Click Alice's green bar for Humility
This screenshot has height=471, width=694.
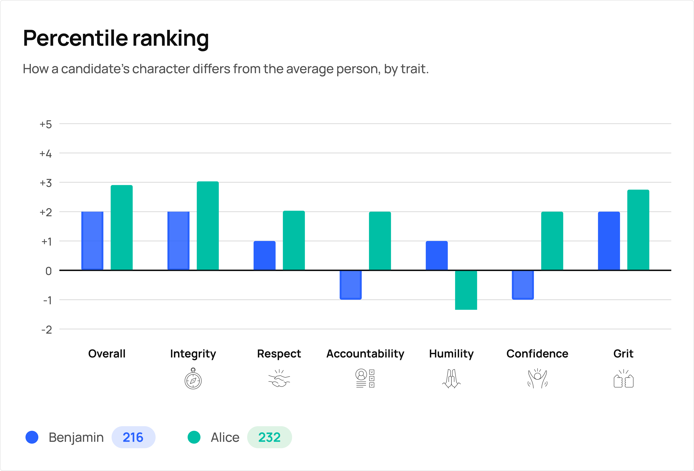(466, 290)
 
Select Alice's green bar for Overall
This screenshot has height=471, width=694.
(122, 228)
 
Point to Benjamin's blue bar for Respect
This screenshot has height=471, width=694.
(264, 256)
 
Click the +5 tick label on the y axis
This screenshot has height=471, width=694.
(46, 124)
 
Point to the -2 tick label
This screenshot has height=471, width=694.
(47, 330)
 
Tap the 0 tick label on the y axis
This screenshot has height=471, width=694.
(48, 271)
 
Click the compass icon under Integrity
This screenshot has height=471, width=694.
(193, 379)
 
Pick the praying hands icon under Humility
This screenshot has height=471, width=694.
(451, 379)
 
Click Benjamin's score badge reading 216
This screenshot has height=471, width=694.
(133, 437)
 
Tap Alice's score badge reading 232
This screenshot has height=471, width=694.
(269, 437)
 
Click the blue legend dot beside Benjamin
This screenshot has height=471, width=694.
(32, 437)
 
